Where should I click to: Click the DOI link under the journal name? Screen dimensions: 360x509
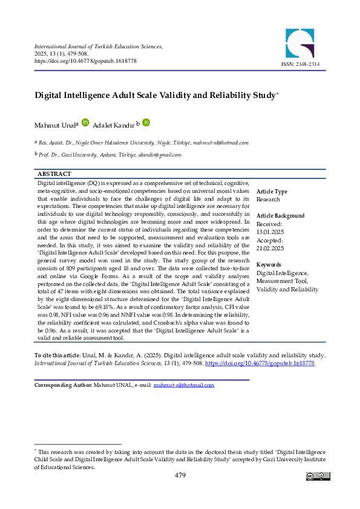(x=85, y=61)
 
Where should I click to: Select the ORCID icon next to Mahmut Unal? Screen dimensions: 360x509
(x=85, y=122)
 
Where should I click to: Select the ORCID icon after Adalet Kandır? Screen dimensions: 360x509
(x=146, y=122)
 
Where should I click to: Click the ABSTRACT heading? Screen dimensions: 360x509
(x=54, y=173)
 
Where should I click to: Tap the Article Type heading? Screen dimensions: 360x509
(x=272, y=192)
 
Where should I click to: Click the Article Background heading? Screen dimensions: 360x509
(x=281, y=216)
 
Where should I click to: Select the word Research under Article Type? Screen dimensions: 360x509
(x=268, y=199)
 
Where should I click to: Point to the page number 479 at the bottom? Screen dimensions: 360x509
(x=180, y=476)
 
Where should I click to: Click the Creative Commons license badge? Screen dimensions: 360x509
(x=318, y=476)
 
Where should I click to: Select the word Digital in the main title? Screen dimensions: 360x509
(x=51, y=96)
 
